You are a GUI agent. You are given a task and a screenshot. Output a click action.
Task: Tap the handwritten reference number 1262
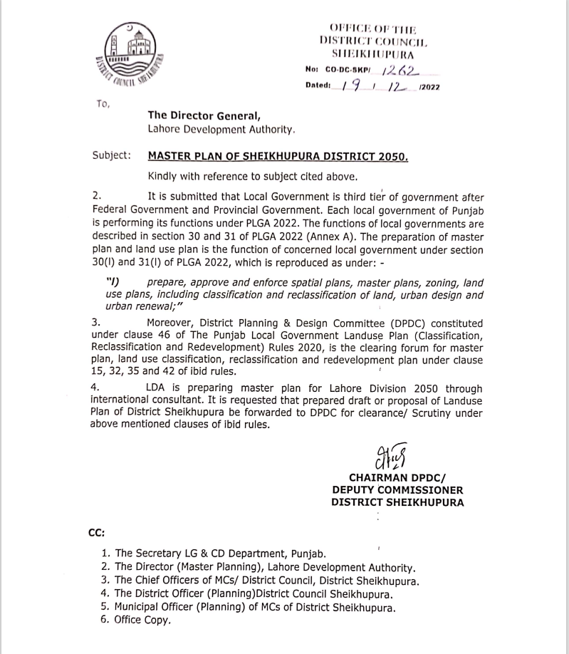point(400,70)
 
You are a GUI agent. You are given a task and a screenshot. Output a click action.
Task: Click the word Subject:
point(112,155)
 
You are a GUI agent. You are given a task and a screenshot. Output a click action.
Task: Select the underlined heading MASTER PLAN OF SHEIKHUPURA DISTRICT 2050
point(278,155)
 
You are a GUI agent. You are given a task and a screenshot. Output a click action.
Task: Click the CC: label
point(96,532)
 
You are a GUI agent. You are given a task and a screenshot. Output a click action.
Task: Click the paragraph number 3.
point(96,323)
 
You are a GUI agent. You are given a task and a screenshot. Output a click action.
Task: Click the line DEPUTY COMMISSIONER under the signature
point(397,490)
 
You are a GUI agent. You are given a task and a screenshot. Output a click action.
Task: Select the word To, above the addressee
point(103,104)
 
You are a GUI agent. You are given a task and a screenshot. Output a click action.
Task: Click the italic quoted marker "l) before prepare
point(113,283)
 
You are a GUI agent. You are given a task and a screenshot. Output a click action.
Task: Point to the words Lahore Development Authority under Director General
point(221,129)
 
